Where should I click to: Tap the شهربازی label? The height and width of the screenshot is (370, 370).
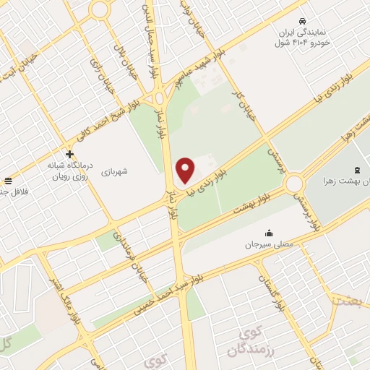coord(114,171)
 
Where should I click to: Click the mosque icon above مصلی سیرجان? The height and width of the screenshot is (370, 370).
coord(270,232)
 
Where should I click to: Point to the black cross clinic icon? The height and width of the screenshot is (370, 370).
coord(69,154)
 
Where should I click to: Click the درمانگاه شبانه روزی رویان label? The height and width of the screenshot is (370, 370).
coord(66,171)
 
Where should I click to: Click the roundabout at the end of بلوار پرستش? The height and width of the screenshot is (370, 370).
coord(294,184)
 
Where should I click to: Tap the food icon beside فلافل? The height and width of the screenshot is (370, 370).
coord(7,181)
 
